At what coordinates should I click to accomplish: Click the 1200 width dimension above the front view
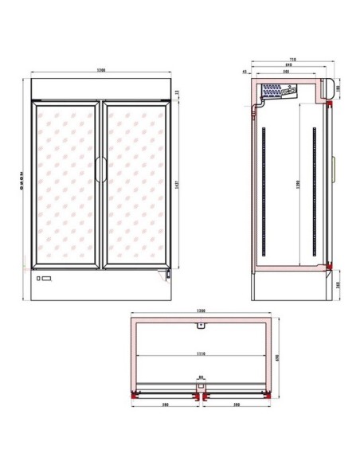click(101, 71)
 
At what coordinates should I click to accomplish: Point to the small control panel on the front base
click(44, 279)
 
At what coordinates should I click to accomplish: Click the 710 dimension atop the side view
click(292, 59)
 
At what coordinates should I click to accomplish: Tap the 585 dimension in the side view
click(284, 72)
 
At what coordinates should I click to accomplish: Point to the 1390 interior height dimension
click(299, 183)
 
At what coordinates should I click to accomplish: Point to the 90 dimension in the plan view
click(202, 379)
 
